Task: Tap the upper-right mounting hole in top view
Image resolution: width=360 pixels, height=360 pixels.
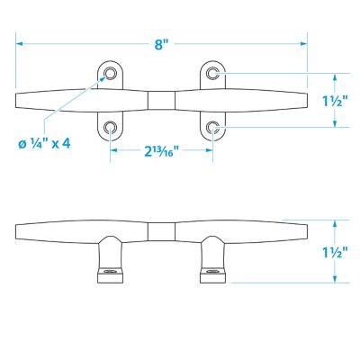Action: coord(213,73)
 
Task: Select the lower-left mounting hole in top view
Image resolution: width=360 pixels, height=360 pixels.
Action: coord(111,128)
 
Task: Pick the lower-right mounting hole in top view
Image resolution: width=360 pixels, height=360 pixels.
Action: coord(213,128)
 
